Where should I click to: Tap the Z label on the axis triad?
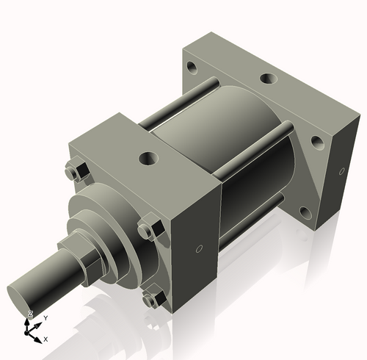(x=30, y=314)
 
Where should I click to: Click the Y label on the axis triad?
(x=46, y=317)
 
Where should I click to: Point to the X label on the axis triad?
(x=46, y=339)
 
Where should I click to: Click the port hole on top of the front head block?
(x=150, y=157)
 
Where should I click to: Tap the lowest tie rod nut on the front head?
(x=152, y=299)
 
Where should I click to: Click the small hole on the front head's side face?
(x=199, y=250)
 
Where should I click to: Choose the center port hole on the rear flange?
(x=265, y=77)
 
